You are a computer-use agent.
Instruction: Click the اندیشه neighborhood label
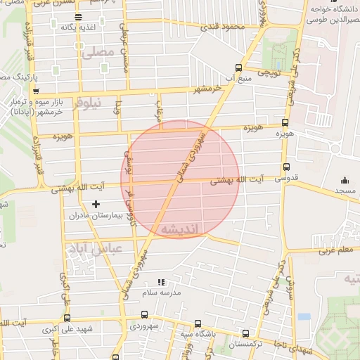(180, 229)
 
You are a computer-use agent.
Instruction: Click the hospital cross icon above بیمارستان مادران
(96, 204)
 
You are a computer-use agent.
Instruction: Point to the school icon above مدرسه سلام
(162, 281)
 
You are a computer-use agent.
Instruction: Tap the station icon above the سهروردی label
(145, 315)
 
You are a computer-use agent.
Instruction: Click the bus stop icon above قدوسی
(285, 167)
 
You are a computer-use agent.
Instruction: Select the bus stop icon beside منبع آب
(238, 68)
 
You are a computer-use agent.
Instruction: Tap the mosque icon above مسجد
(344, 181)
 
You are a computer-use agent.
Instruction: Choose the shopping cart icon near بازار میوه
(36, 91)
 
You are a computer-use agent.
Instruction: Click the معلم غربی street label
(336, 250)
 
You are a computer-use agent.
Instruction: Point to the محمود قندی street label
(222, 27)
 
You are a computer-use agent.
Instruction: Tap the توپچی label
(269, 72)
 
